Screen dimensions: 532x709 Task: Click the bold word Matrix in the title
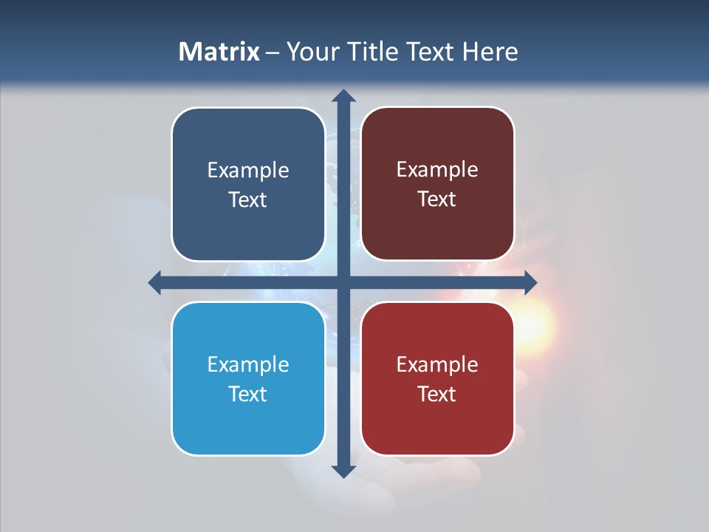[219, 52]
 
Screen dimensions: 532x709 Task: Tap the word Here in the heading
[490, 52]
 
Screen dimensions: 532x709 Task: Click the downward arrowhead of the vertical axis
[343, 471]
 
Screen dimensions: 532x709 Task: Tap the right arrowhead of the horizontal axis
[530, 282]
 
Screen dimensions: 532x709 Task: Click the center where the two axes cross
[343, 282]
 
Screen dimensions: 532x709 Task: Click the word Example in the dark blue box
[248, 171]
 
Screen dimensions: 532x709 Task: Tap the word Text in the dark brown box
[437, 199]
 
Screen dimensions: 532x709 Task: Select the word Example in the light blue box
[248, 365]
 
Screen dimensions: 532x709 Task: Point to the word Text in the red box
[437, 394]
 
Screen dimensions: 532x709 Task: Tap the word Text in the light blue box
[248, 394]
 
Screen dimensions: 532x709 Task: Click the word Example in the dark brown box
[437, 170]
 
